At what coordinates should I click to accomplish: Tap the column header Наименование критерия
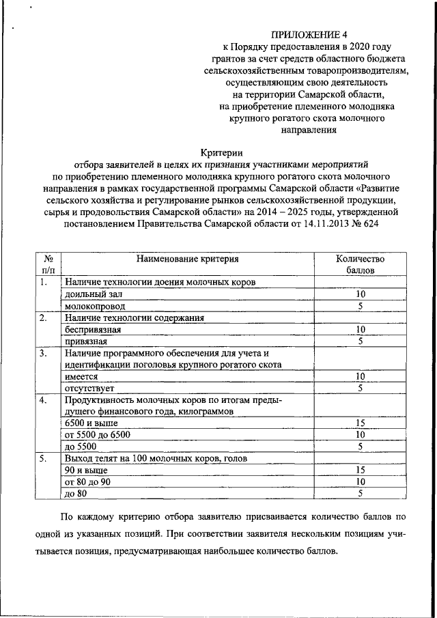point(187,259)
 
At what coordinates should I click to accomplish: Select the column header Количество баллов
point(361,265)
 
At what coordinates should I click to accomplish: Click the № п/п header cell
point(48,265)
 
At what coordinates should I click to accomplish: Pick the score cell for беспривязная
point(361,329)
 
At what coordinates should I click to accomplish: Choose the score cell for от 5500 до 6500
point(361,434)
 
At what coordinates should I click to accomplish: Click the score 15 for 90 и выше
point(361,470)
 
